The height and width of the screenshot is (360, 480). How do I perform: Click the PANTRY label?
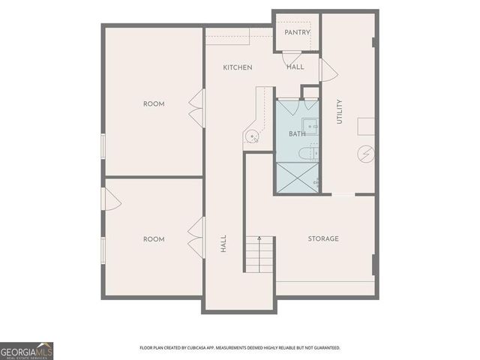click(297, 33)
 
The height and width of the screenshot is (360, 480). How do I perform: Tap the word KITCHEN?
click(237, 67)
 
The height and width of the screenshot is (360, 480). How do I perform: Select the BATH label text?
click(297, 133)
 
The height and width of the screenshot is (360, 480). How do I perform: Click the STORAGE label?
click(323, 238)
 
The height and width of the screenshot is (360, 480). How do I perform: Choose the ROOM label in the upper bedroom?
click(154, 103)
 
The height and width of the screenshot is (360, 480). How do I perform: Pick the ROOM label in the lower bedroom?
click(154, 238)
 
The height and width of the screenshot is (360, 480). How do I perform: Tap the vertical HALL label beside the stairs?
click(223, 243)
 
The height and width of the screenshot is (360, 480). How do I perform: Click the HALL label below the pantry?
click(295, 67)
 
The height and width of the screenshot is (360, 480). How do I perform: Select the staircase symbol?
click(259, 254)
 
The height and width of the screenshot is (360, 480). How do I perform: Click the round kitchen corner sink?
click(253, 136)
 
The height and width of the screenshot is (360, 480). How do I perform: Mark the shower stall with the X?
click(298, 177)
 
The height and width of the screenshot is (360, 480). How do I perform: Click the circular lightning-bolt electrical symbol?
click(366, 154)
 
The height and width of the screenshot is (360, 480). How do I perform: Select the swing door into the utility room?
click(327, 70)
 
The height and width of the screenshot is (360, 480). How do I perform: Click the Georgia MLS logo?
click(26, 350)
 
